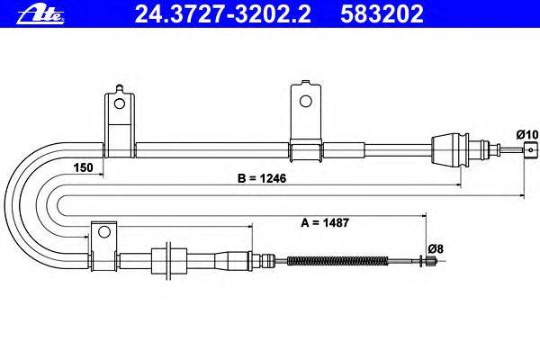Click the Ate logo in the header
pyautogui.click(x=40, y=14)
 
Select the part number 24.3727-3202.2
pyautogui.click(x=222, y=14)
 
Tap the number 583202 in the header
pyautogui.click(x=382, y=14)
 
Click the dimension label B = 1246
pyautogui.click(x=262, y=178)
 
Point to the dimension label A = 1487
pyautogui.click(x=325, y=222)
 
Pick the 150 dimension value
pyautogui.click(x=83, y=167)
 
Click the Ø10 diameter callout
pyautogui.click(x=526, y=134)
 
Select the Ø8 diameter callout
pyautogui.click(x=436, y=248)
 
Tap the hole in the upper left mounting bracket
pyautogui.click(x=120, y=103)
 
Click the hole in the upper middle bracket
pyautogui.click(x=305, y=101)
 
